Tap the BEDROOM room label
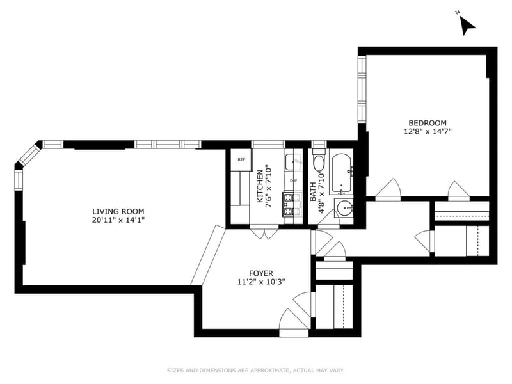428,123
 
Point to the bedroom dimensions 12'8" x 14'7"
428,132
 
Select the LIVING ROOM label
118,211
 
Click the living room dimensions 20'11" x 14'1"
118,221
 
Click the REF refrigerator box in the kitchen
241,159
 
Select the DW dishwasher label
293,181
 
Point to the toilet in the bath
318,164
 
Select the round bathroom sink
345,207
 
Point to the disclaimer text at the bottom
256,370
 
